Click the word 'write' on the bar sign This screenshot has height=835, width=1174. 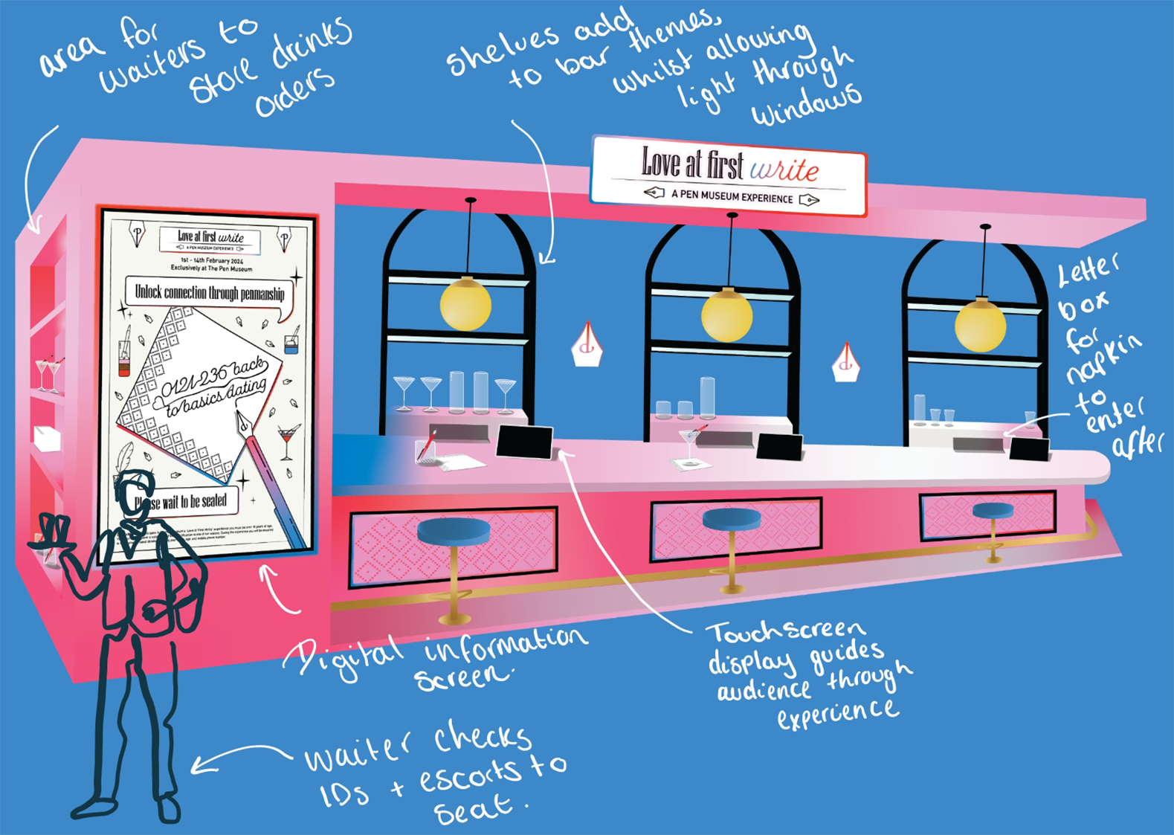[x=784, y=170]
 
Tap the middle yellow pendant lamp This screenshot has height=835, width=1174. [x=726, y=315]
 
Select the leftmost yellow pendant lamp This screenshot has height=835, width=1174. [x=465, y=305]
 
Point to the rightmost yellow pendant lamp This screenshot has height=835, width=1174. [x=980, y=325]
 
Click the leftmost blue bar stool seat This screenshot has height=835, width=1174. [x=454, y=531]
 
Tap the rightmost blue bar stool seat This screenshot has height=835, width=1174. [x=993, y=510]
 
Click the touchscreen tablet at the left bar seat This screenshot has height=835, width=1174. [x=525, y=442]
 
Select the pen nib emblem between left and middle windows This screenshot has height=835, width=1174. [x=587, y=346]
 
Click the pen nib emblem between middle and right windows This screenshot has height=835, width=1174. [x=845, y=364]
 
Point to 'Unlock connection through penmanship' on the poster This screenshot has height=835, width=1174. [x=210, y=293]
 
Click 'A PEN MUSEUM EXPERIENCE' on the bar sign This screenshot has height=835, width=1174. [x=732, y=197]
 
